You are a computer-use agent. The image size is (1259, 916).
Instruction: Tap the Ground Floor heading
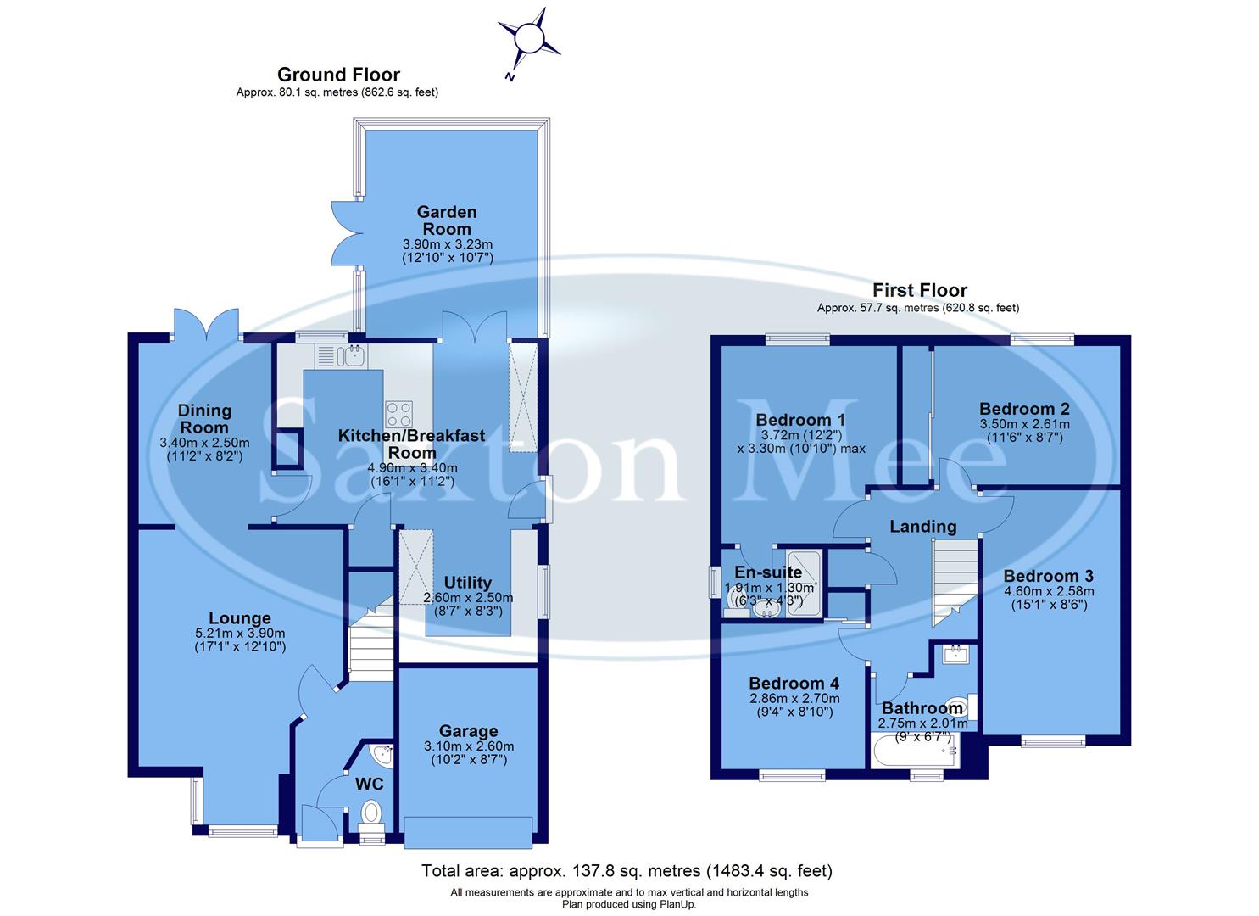(x=338, y=75)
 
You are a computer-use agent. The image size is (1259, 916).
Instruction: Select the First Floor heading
(x=919, y=291)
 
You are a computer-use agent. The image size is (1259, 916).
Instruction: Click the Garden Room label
(x=447, y=220)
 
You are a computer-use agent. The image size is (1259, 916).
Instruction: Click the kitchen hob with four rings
(x=399, y=414)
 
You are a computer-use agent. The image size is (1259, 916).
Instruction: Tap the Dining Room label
(x=204, y=418)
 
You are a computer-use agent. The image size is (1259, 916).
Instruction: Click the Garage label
(x=468, y=730)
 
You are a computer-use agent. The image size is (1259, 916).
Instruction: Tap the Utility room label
(x=468, y=583)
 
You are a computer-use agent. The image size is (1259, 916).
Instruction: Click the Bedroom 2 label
(x=1024, y=409)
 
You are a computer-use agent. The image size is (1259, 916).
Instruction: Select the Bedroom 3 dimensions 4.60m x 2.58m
(x=1049, y=591)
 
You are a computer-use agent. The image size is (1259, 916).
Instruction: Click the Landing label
(x=922, y=527)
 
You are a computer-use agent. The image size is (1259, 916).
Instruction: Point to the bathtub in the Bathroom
(x=914, y=750)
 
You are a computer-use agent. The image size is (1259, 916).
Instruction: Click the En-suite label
(x=768, y=572)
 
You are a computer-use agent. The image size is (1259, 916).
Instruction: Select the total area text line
(x=627, y=871)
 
